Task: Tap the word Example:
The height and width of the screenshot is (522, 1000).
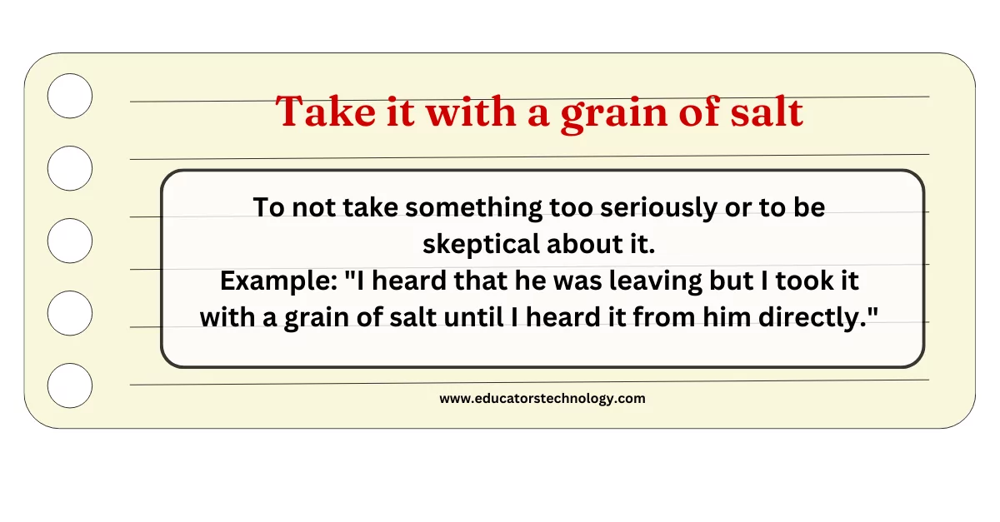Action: [x=279, y=281]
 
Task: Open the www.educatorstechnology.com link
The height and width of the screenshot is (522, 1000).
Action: [x=542, y=398]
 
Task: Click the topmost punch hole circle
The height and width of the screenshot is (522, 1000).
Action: [x=70, y=96]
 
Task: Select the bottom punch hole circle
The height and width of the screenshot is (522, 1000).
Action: [x=70, y=386]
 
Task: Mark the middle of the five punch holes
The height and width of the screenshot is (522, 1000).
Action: [x=70, y=241]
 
